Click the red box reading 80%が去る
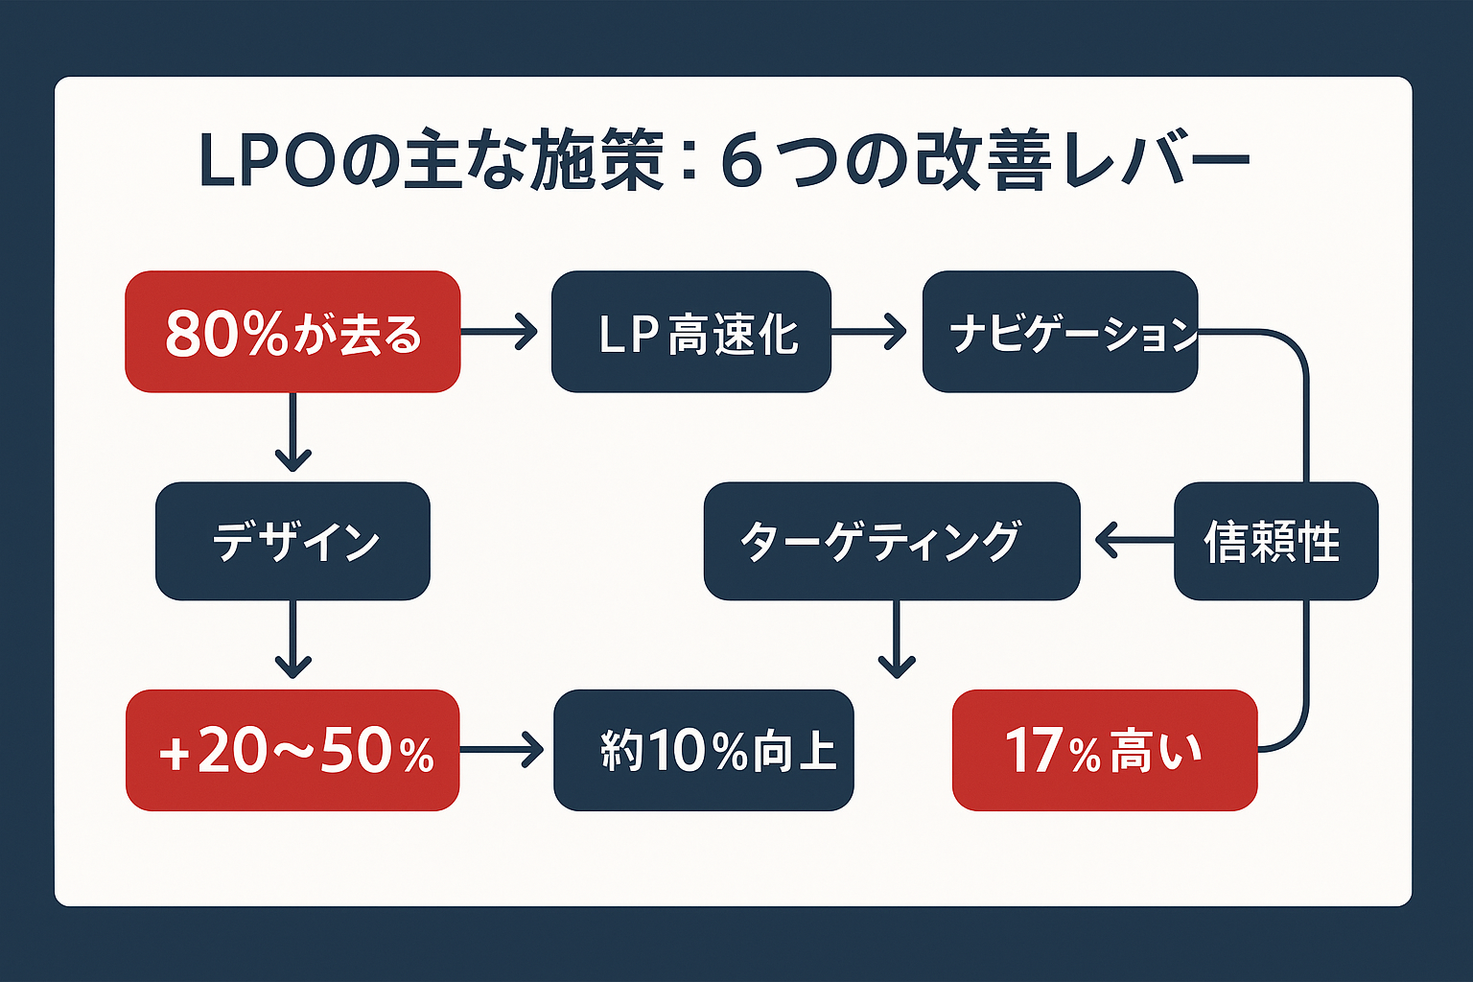292,332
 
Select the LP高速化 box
690,332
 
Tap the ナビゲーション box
1060,332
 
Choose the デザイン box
292,542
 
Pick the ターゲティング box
892,542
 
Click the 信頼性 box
1275,542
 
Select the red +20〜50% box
292,750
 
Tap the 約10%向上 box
703,750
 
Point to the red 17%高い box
1104,750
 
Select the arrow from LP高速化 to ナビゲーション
868,332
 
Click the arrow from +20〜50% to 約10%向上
502,750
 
